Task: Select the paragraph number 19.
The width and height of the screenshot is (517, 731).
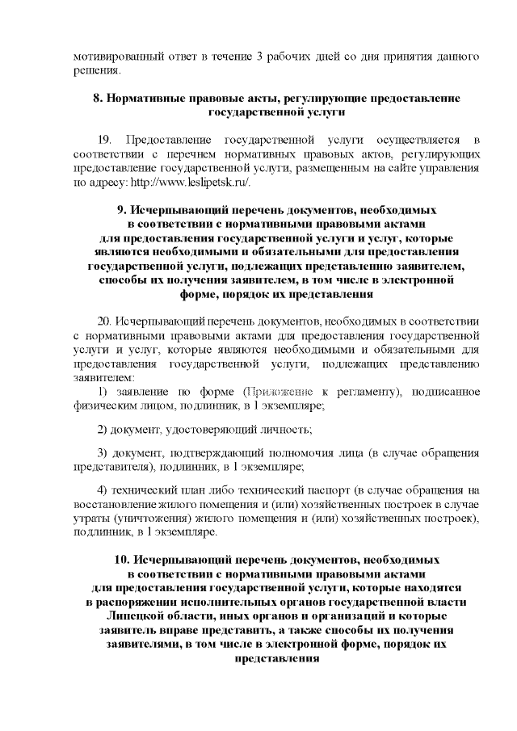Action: point(104,138)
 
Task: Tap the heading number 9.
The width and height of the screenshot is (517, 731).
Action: point(123,208)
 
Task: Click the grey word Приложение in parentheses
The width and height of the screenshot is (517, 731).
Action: point(284,392)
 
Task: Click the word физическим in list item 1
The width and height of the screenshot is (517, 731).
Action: point(102,405)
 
